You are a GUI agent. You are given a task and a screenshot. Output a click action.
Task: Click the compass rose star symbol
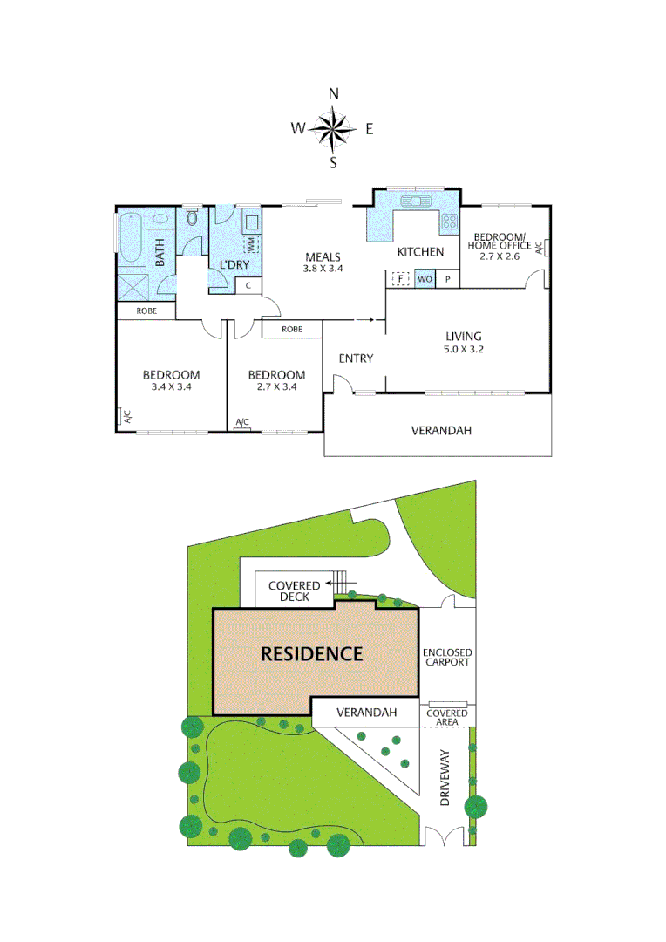[x=332, y=129]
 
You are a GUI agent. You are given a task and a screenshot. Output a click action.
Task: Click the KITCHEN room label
[x=420, y=252]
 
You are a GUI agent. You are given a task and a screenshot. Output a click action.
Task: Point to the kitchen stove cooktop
[x=450, y=222]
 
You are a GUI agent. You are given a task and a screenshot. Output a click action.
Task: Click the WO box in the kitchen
[x=425, y=279]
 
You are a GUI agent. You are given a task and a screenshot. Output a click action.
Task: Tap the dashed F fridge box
[x=400, y=279]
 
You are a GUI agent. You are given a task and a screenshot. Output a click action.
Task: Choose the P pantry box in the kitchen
[x=448, y=279]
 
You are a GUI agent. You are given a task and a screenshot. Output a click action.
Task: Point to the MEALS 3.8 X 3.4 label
[x=323, y=263]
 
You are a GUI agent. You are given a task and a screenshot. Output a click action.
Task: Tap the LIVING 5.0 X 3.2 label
[x=464, y=342]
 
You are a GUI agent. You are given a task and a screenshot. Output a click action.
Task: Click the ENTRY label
[x=356, y=358]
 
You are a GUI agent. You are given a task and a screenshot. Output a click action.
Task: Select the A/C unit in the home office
[x=540, y=248]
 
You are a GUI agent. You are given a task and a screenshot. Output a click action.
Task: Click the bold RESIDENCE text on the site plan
[x=312, y=653]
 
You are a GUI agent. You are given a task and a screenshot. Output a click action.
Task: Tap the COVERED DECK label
[x=294, y=591]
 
